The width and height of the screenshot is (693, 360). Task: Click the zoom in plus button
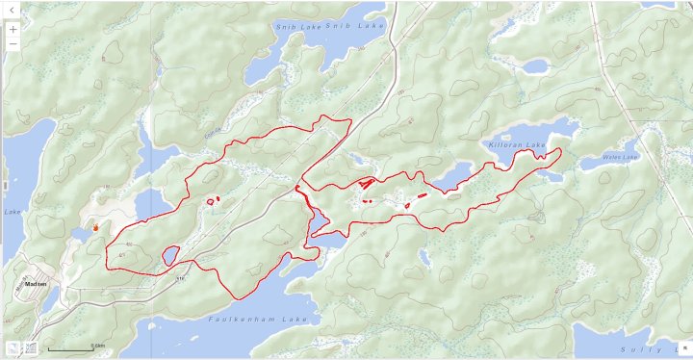pos(13,29)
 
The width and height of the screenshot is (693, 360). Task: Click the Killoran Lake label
pos(517,145)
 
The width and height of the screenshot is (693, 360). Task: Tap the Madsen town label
pos(36,284)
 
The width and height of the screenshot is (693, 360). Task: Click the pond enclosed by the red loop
pos(171,255)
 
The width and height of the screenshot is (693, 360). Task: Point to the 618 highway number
pos(180,278)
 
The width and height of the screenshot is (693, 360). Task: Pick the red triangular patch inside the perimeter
pos(365,182)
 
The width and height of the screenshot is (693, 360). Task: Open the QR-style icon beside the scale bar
pos(31,348)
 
